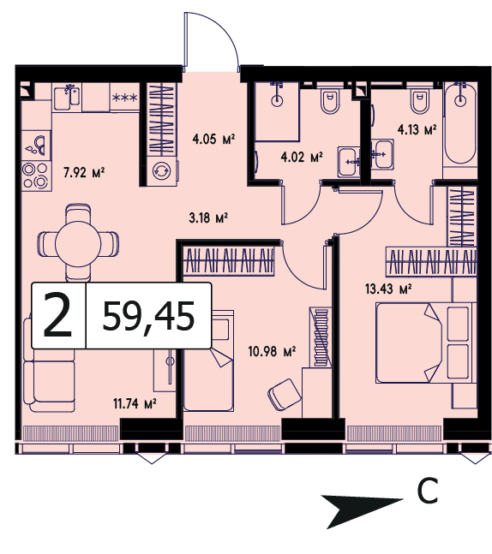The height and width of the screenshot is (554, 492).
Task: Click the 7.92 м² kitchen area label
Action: click(x=84, y=173)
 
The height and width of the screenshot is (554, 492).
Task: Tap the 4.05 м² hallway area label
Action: click(x=213, y=139)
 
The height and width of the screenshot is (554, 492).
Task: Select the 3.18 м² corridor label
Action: click(x=208, y=217)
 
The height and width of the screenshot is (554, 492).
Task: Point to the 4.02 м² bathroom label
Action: click(x=302, y=157)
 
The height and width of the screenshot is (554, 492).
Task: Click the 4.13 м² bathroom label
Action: click(x=417, y=130)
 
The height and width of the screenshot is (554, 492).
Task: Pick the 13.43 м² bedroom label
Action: click(x=388, y=289)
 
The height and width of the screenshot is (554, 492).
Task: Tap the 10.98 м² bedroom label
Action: click(x=272, y=352)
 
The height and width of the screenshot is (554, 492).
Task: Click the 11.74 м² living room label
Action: click(x=135, y=403)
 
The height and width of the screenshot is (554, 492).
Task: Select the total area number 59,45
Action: click(x=148, y=316)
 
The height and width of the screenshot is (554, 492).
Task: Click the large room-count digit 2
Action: click(x=58, y=315)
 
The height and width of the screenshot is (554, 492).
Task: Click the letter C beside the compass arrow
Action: click(x=427, y=491)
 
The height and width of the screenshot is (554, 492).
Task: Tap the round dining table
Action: click(x=78, y=244)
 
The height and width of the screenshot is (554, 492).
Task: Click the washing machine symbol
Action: click(x=161, y=171)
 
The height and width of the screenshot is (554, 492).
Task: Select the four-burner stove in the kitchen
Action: click(x=35, y=176)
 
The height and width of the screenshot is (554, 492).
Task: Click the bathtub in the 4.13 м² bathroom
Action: click(x=459, y=122)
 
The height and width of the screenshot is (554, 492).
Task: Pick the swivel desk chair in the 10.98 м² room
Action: click(x=285, y=395)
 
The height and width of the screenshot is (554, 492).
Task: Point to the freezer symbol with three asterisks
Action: click(x=124, y=97)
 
